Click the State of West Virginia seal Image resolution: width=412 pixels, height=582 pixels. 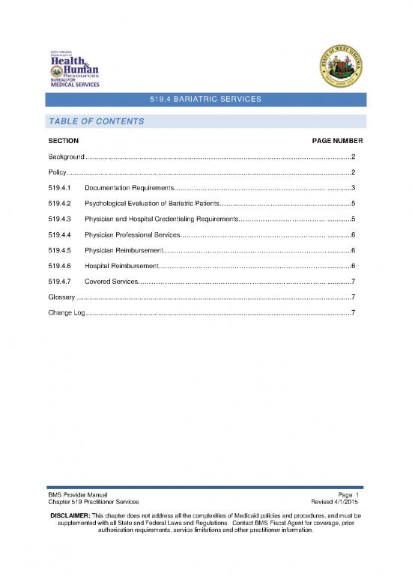(336, 66)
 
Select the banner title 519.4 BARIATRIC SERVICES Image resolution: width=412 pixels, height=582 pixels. (206, 100)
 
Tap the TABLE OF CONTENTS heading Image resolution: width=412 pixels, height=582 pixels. (95, 121)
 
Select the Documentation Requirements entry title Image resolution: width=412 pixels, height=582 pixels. (129, 188)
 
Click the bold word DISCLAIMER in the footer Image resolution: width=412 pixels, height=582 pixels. (75, 516)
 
